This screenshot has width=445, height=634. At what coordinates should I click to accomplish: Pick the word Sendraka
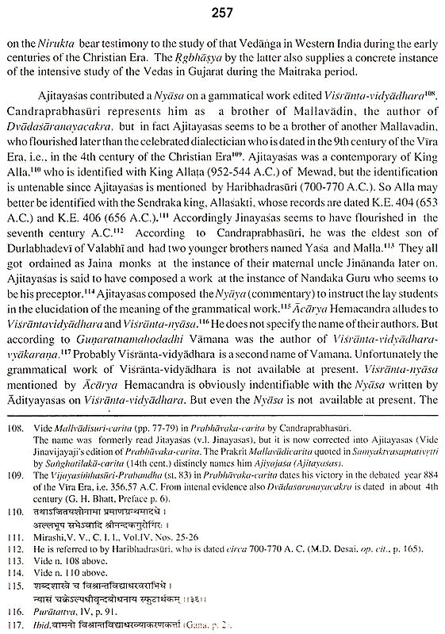(194, 225)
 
